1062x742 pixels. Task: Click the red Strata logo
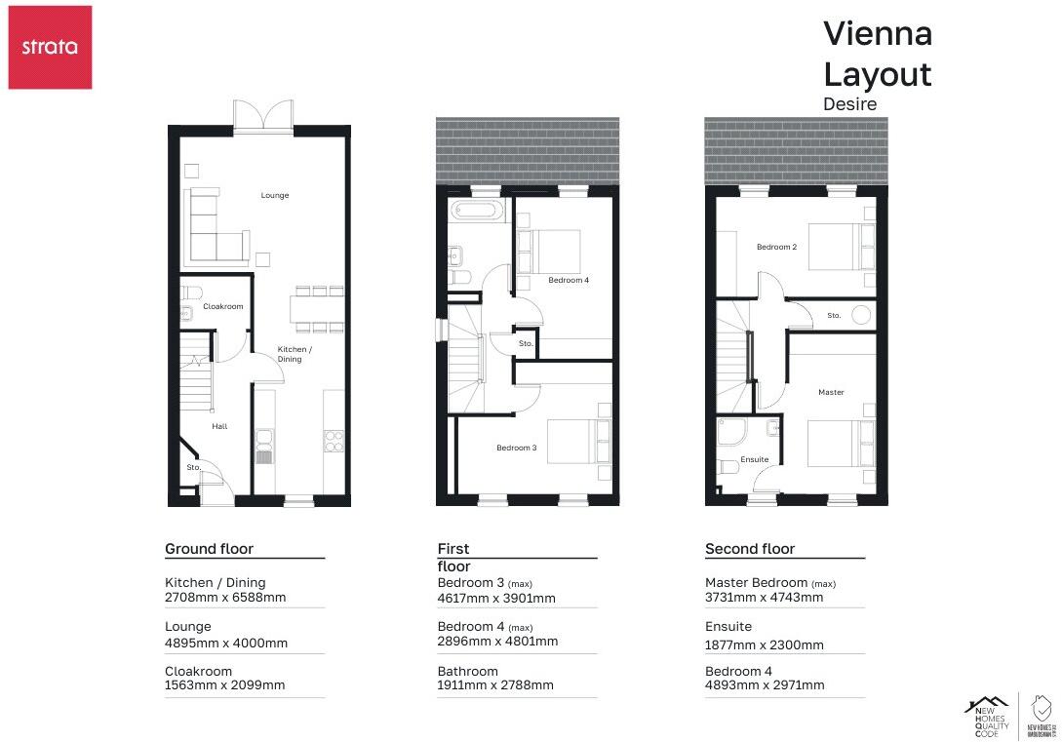pyautogui.click(x=50, y=47)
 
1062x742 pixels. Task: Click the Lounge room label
pyautogui.click(x=275, y=195)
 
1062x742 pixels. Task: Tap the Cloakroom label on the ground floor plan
pyautogui.click(x=222, y=306)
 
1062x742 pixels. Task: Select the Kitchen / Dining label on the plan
pyautogui.click(x=295, y=354)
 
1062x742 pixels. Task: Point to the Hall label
pyautogui.click(x=219, y=426)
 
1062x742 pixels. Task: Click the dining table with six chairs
pyautogui.click(x=316, y=308)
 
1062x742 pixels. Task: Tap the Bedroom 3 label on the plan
pyautogui.click(x=516, y=448)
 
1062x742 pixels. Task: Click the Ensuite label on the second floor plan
pyautogui.click(x=754, y=459)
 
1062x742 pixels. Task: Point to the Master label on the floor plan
pyautogui.click(x=831, y=392)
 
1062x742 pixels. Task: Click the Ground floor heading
pyautogui.click(x=209, y=549)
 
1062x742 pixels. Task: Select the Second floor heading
pyautogui.click(x=749, y=549)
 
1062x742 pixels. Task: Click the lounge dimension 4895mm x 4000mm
pyautogui.click(x=226, y=644)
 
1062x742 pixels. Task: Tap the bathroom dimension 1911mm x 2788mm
pyautogui.click(x=495, y=685)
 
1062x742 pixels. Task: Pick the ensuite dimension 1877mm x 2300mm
pyautogui.click(x=764, y=644)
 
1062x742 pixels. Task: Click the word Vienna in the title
pyautogui.click(x=877, y=33)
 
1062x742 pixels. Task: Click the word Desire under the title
pyautogui.click(x=849, y=103)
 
